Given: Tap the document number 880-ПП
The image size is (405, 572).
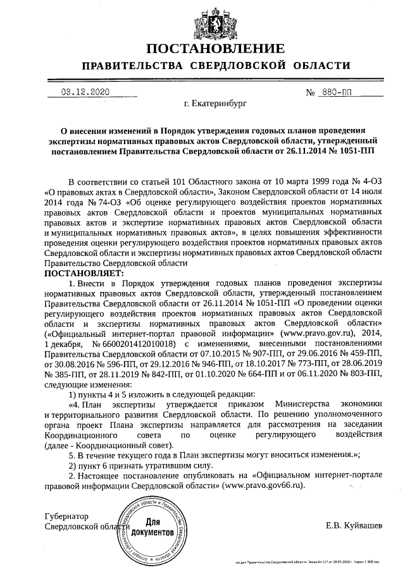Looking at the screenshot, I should click(x=340, y=92).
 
